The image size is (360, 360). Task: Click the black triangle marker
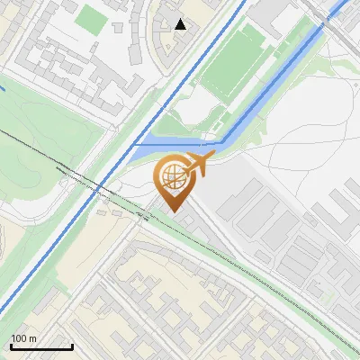tap(181, 24)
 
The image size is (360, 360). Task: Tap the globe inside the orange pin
tap(173, 176)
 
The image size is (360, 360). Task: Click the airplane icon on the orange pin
tap(200, 163)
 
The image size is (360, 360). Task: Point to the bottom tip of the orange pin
tap(174, 211)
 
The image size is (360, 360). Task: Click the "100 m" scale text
tap(24, 338)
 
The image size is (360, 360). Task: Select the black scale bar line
tap(41, 346)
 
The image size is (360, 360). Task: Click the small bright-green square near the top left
tap(90, 17)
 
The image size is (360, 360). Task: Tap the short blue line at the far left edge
tap(3, 88)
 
